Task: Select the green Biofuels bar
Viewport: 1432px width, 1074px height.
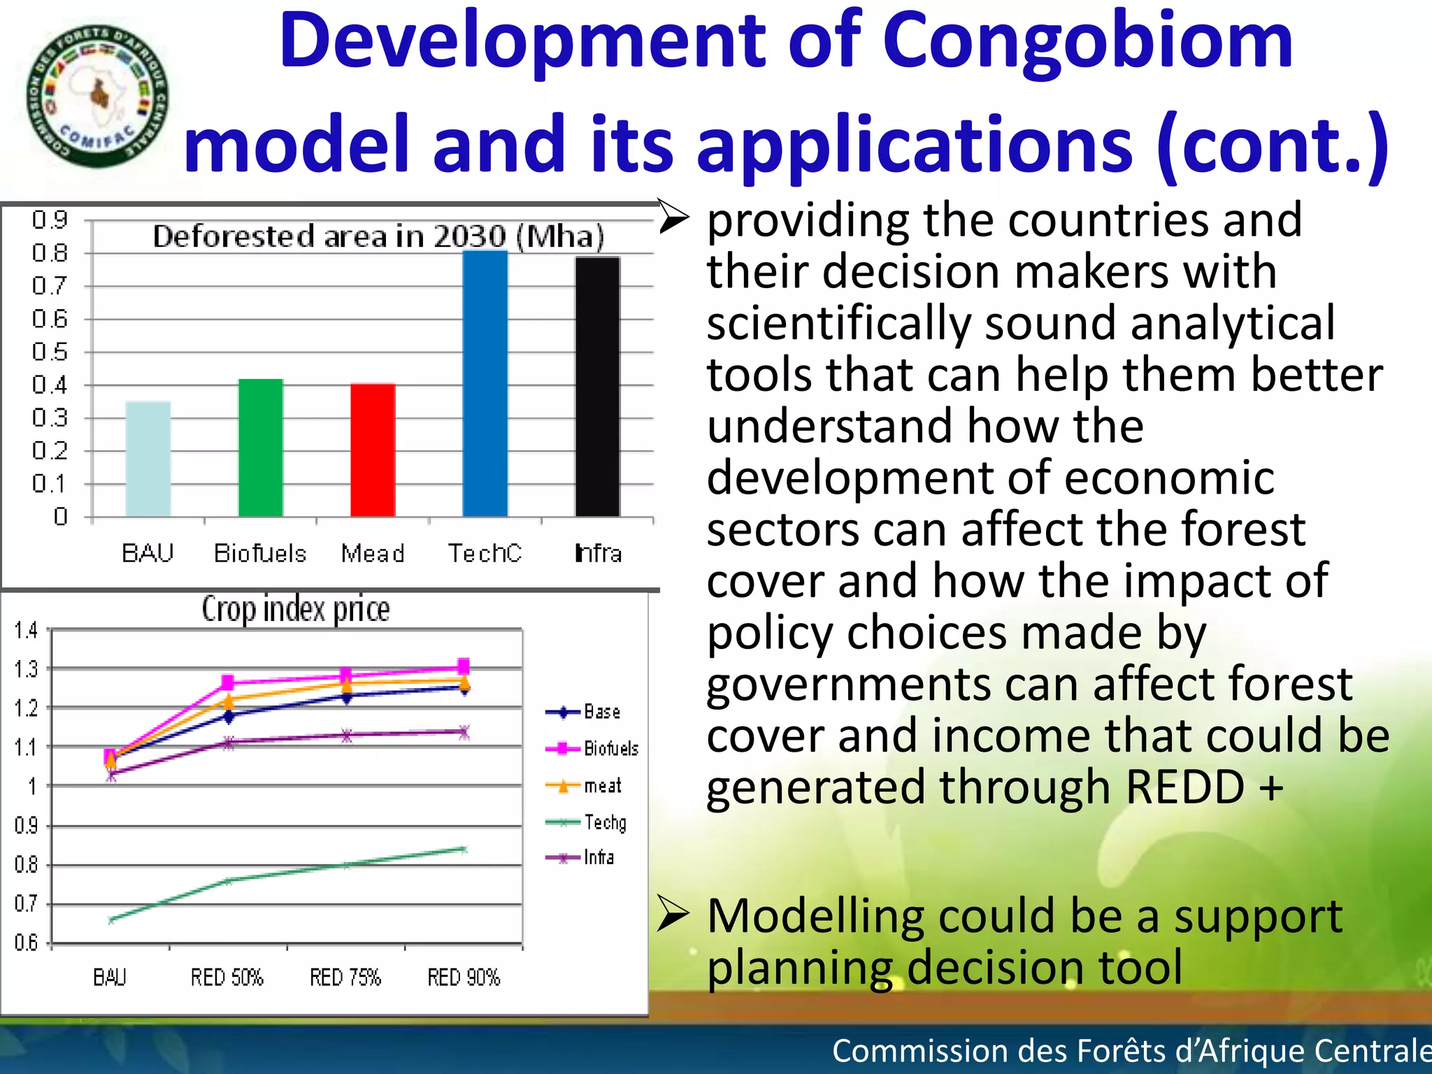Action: coord(260,447)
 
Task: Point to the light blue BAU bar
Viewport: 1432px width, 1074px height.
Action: coord(148,459)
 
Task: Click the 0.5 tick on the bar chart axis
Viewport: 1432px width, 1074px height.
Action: coord(50,352)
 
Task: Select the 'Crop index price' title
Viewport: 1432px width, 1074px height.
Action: coord(296,609)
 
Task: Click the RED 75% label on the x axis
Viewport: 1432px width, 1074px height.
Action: coord(345,977)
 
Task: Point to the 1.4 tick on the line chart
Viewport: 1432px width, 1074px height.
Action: coord(27,631)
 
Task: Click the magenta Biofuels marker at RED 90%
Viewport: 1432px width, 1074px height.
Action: coord(464,666)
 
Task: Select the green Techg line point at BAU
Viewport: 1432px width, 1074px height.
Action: coord(111,920)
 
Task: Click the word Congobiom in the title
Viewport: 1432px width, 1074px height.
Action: coord(1087,42)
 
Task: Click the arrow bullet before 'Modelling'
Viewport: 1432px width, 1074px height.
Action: coord(673,915)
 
